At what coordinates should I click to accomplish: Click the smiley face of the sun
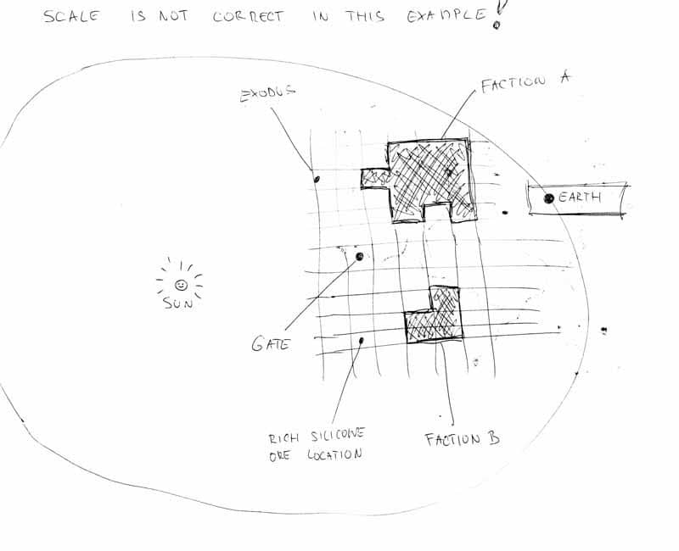(x=181, y=285)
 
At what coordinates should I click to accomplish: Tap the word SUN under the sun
(x=177, y=303)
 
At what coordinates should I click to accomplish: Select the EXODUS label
(x=267, y=93)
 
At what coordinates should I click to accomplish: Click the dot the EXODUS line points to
(x=317, y=179)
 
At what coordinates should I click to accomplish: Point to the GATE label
(x=271, y=344)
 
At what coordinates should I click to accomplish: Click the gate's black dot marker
(x=359, y=257)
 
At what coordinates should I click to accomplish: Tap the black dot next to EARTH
(x=548, y=198)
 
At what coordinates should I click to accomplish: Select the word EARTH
(x=580, y=198)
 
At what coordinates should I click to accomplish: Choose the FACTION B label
(x=463, y=439)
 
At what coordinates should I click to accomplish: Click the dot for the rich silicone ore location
(x=362, y=341)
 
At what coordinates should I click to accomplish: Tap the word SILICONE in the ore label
(x=338, y=435)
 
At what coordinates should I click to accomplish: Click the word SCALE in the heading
(x=71, y=16)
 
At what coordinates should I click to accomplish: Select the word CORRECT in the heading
(x=248, y=17)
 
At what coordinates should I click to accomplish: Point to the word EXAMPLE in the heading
(x=447, y=15)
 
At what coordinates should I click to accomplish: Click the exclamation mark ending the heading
(x=499, y=13)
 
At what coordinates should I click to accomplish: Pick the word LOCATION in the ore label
(x=334, y=454)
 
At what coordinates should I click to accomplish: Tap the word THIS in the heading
(x=365, y=16)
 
